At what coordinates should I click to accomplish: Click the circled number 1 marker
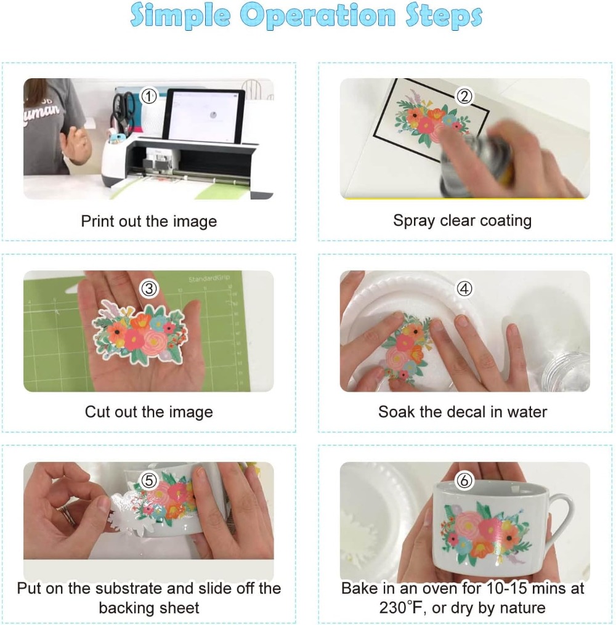[149, 96]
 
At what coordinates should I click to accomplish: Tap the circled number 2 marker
[464, 96]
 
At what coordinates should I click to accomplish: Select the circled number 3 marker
[149, 288]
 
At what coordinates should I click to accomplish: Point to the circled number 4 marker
[464, 288]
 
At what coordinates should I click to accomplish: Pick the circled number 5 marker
[149, 480]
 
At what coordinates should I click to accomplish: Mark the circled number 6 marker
[464, 480]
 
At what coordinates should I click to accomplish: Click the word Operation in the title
[318, 16]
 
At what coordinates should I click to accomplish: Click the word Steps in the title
[444, 16]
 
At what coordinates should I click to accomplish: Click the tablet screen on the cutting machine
[205, 116]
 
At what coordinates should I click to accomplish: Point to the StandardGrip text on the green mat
[209, 278]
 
